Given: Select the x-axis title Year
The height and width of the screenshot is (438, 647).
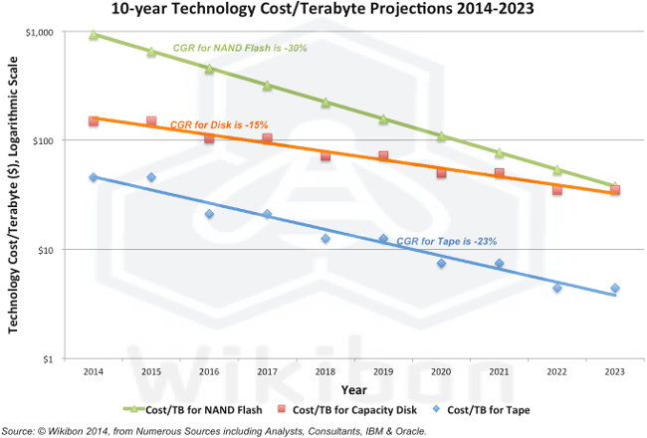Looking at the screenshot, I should click(x=354, y=389).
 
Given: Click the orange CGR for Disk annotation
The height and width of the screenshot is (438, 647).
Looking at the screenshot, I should click(x=218, y=124).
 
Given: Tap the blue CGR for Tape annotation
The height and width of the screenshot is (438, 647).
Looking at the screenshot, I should click(x=433, y=241).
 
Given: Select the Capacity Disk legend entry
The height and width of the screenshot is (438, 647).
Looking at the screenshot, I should click(x=359, y=409).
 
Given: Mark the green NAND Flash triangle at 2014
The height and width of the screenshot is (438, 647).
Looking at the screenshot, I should click(x=94, y=35).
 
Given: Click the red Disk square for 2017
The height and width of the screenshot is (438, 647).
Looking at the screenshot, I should click(x=267, y=138).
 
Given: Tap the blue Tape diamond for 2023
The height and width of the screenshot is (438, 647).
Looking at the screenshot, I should click(x=615, y=289).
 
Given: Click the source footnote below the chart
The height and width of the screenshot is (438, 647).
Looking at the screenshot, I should click(x=214, y=430).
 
